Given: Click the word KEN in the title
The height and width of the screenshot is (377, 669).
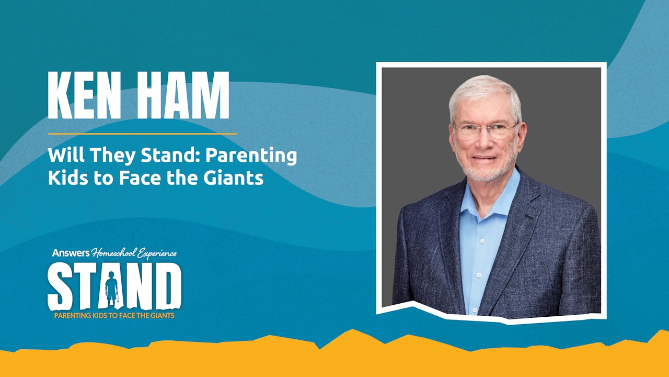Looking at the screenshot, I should point(84,95).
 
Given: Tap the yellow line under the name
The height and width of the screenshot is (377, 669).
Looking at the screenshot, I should point(142,134).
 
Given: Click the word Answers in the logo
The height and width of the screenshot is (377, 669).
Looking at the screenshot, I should point(71,253).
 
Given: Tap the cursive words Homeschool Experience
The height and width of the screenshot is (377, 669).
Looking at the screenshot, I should point(134,254).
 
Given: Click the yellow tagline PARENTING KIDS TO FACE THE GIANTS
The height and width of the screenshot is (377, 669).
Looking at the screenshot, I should point(114,316).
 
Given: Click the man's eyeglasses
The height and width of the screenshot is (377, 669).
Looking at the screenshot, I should point(485,130).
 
